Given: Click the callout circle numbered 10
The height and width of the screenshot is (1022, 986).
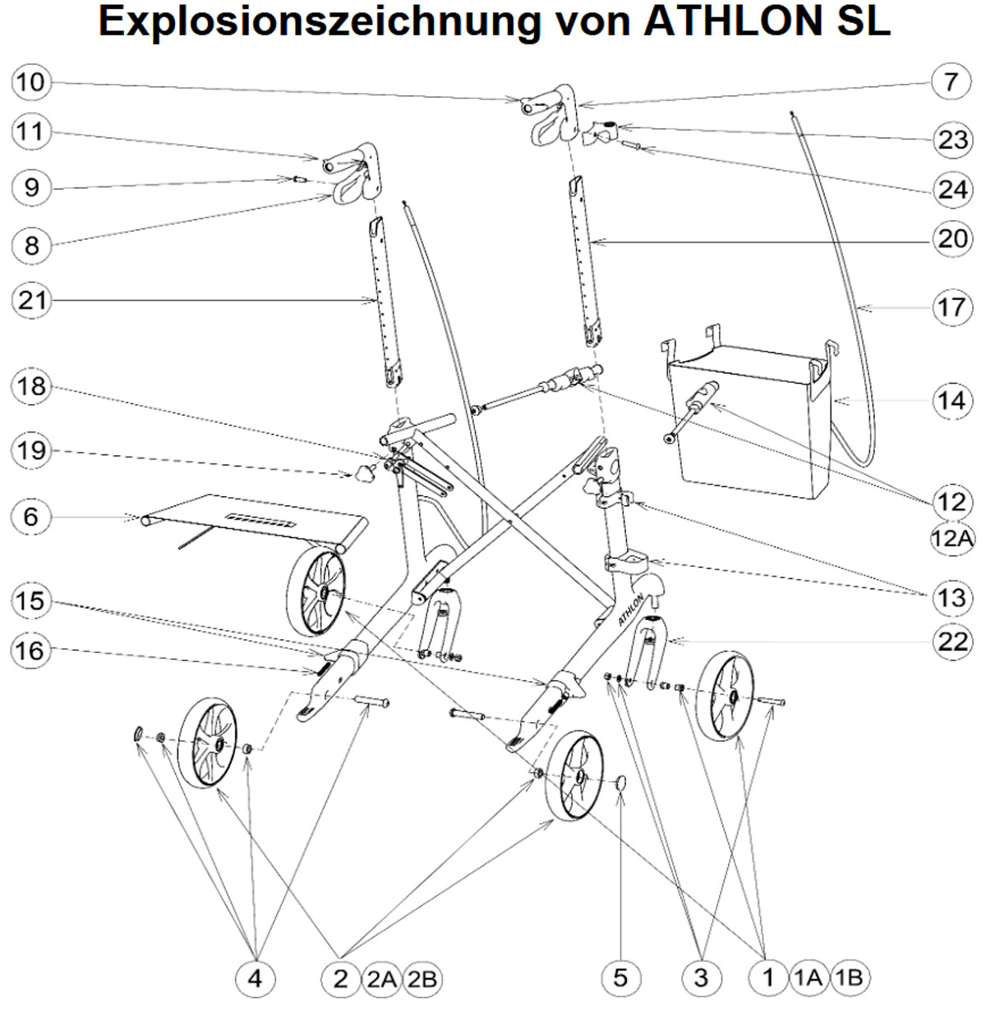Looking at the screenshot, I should click(31, 81).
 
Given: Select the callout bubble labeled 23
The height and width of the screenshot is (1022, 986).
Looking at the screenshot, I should click(951, 138).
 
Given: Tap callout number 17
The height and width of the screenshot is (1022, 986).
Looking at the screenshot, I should click(951, 307).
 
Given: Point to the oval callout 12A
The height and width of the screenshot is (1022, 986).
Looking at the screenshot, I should click(951, 538).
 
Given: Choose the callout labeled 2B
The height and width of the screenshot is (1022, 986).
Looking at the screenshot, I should click(423, 978).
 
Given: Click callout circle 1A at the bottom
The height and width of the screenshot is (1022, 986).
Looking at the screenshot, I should click(809, 977).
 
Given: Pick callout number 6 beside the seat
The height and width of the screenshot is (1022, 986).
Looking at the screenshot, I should click(31, 516).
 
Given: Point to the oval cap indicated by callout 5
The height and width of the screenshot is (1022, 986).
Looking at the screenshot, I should click(621, 781).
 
